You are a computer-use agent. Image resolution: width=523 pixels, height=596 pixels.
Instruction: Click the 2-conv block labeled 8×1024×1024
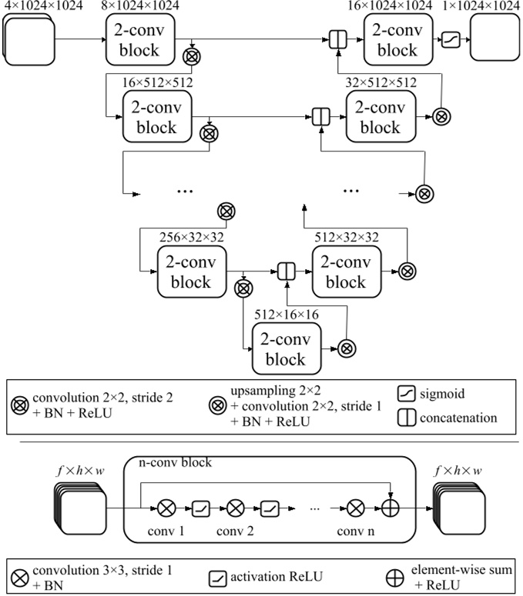pos(140,40)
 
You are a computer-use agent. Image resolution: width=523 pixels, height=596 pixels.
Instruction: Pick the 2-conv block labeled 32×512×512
pos(380,117)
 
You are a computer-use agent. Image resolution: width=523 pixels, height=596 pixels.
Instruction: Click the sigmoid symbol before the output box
pos(450,40)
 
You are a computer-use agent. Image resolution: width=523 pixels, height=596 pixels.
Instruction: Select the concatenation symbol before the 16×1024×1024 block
pos(337,40)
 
